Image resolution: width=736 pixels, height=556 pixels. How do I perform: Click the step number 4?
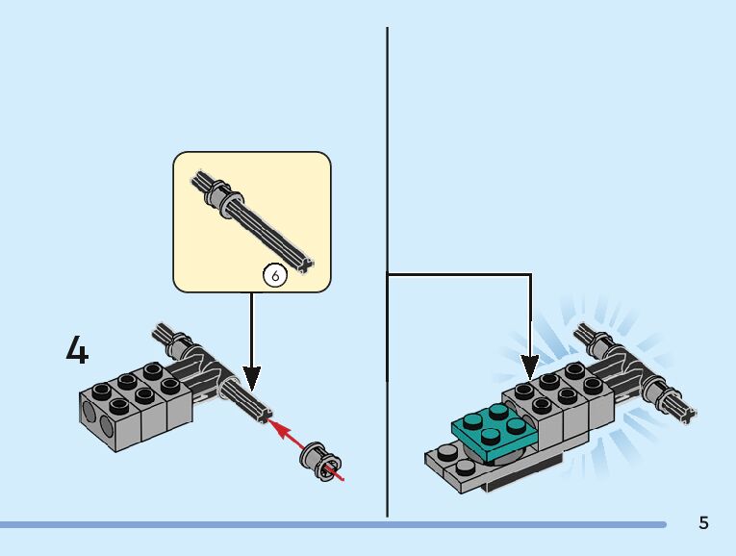tap(77, 350)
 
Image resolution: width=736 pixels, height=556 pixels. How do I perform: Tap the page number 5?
tap(703, 523)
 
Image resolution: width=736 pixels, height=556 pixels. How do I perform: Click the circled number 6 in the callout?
tap(275, 276)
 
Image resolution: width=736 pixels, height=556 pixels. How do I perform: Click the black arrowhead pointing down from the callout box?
tap(252, 376)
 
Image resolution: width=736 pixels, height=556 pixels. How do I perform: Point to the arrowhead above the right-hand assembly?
tap(529, 366)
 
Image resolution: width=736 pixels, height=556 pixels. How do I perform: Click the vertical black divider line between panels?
tap(387, 192)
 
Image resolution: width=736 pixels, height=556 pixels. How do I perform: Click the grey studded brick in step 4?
tap(135, 399)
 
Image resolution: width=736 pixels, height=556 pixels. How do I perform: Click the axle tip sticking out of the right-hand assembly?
tap(682, 413)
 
